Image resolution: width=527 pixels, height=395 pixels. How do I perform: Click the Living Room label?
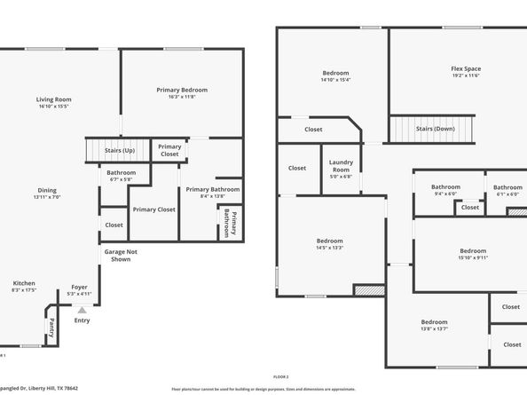coord(54,99)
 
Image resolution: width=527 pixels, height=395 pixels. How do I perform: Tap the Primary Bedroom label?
coord(182,90)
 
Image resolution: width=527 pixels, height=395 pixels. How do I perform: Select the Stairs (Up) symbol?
coord(119,151)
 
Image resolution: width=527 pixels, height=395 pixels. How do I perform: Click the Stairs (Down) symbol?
coord(435,129)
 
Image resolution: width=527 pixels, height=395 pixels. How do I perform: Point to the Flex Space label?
coord(465,68)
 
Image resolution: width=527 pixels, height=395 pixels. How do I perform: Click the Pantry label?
coord(51,326)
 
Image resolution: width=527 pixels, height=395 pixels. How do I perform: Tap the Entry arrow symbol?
coord(83,311)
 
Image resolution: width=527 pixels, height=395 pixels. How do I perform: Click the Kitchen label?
coord(24,283)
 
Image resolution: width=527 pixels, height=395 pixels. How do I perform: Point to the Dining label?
coord(47,190)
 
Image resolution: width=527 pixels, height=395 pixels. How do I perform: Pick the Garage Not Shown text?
coord(121,255)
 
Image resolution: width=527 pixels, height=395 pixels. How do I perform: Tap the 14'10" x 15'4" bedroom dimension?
coord(335,80)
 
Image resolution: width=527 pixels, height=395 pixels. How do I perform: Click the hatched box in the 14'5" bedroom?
coord(368,289)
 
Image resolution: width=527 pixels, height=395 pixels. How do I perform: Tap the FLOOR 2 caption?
coord(281,376)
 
